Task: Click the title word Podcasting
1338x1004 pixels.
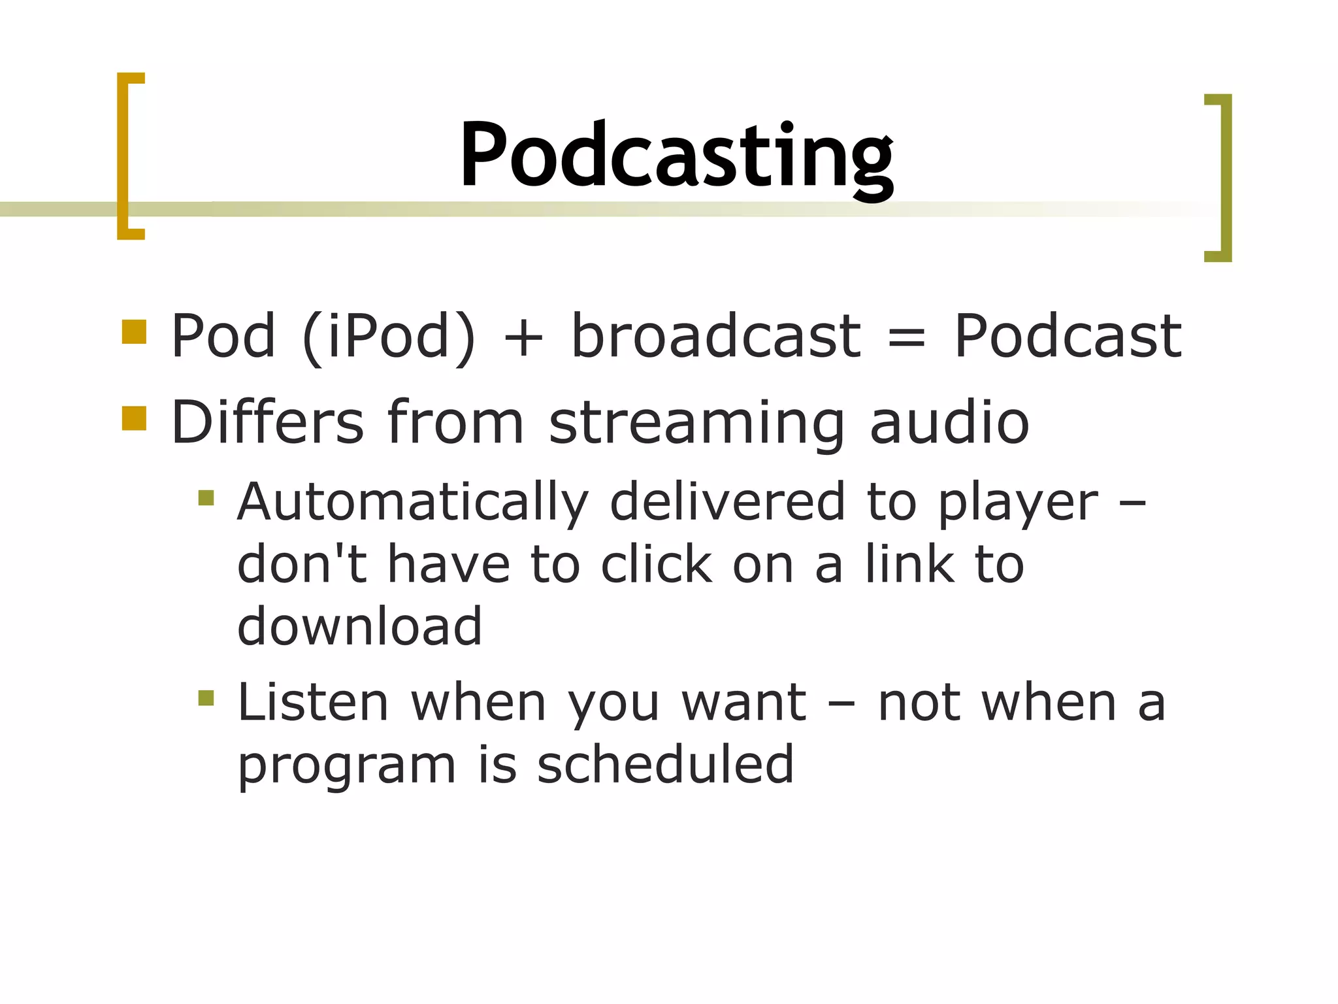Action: [676, 157]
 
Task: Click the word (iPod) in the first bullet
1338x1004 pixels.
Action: [389, 337]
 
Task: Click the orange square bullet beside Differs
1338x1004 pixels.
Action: [134, 418]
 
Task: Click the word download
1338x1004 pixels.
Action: [359, 626]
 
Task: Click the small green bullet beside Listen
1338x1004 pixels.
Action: [206, 698]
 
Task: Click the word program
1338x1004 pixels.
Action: [346, 766]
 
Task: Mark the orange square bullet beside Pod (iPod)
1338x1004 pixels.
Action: [134, 331]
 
